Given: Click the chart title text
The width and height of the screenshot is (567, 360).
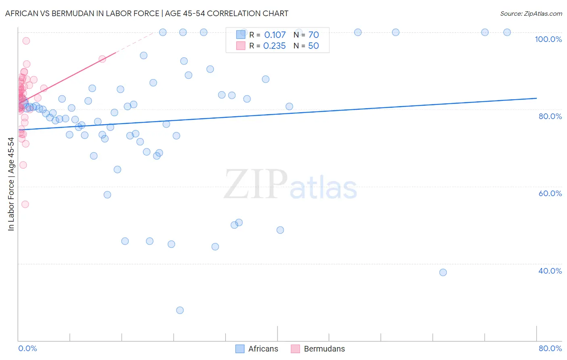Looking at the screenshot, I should click(147, 13).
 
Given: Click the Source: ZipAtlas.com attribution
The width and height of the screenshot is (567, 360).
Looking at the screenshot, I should click(531, 13).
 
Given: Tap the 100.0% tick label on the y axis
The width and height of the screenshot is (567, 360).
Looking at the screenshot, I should click(548, 39).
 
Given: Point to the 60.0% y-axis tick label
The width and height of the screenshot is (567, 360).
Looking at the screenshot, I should click(550, 193).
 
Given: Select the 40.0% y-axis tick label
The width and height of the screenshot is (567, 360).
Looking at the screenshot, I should click(550, 271).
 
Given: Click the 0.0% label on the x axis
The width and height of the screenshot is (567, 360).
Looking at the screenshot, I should click(27, 348).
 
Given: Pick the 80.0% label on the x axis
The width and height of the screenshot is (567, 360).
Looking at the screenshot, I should click(550, 348).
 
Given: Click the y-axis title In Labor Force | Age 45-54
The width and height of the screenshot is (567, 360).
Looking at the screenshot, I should click(11, 184).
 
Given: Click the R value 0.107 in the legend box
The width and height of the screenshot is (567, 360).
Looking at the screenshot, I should click(275, 35).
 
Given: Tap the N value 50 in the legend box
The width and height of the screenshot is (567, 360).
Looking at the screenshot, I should click(313, 46).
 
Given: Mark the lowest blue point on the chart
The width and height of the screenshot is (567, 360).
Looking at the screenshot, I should click(180, 310).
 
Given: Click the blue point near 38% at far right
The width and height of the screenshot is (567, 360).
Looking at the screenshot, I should click(443, 272).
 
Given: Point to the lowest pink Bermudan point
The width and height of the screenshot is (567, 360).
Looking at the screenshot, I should click(25, 204).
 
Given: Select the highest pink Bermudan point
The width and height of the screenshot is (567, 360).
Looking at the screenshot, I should click(26, 41).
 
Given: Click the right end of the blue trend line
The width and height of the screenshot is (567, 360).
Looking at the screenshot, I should click(536, 98).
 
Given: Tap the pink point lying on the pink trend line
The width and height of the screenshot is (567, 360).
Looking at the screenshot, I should click(102, 59).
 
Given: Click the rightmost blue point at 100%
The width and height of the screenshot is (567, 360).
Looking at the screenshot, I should click(507, 32).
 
